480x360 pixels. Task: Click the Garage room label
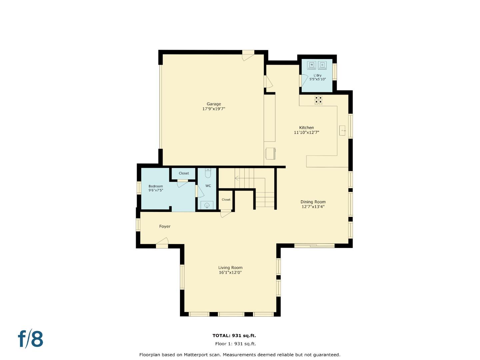214,104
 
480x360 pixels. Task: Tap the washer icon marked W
312,65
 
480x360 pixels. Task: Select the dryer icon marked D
322,65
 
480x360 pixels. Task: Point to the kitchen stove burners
319,100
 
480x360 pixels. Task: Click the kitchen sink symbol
343,131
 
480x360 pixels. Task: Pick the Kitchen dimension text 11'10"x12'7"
306,132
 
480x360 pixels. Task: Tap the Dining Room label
313,202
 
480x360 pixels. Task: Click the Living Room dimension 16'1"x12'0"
230,272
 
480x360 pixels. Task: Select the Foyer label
165,226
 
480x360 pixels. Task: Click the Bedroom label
156,186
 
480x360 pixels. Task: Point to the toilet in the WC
208,173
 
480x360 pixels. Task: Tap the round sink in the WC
207,205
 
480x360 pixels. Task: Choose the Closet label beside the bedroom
184,173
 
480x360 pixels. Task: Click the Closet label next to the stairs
226,200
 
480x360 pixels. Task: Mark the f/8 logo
31,339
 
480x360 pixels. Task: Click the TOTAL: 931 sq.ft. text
234,336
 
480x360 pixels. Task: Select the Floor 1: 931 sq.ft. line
235,344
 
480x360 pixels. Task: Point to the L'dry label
317,75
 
